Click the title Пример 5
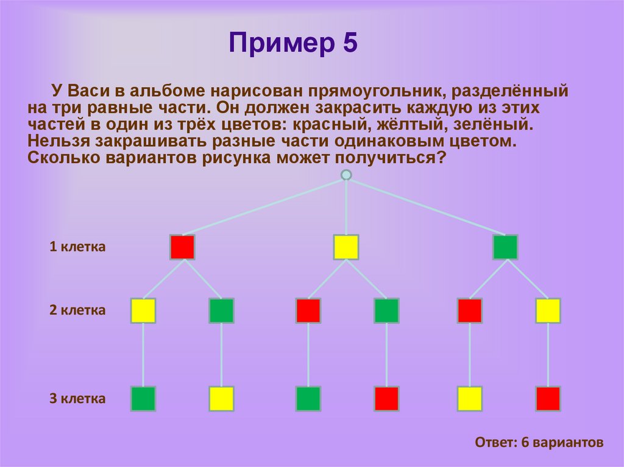pos(292,44)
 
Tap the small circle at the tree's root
pos(346,175)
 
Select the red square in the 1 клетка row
pos(182,247)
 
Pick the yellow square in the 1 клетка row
pos(346,247)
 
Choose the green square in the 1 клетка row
pos(505,247)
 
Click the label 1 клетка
pos(77,247)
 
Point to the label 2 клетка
pos(77,311)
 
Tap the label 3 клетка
pos(77,399)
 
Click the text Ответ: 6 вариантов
pos(539,443)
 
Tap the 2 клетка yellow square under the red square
pos(143,311)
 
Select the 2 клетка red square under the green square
pos(470,311)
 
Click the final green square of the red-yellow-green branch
pos(143,399)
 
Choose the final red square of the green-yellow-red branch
pos(548,399)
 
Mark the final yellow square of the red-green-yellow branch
pos(221,399)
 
